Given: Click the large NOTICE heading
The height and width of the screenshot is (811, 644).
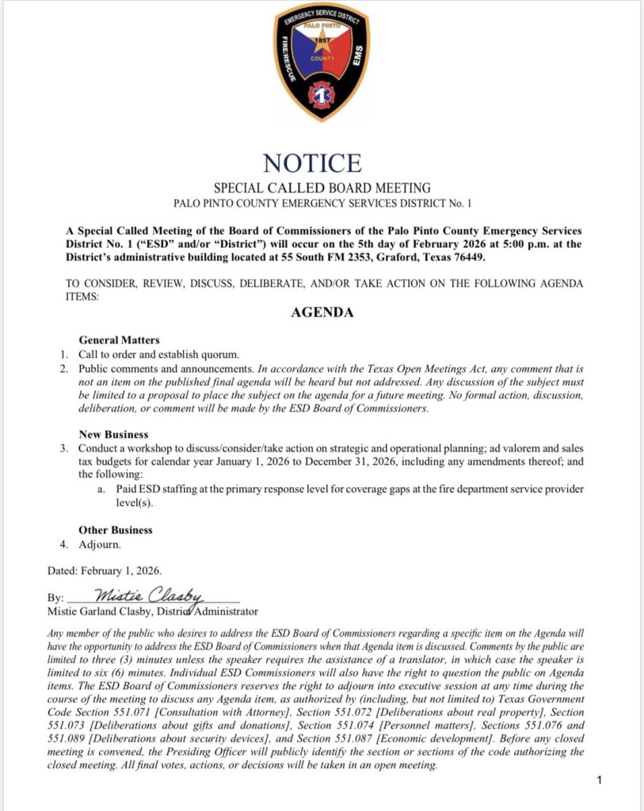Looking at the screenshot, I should point(312,162).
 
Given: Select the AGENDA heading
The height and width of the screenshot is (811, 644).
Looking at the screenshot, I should point(322,312).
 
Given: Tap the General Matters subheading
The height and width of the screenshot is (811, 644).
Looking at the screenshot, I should point(119,340).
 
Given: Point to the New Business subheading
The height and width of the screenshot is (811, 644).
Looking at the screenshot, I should point(113,435).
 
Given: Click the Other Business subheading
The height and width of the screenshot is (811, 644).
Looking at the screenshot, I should point(116,530).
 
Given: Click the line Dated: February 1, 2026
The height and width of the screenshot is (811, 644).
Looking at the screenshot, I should point(105,570).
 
